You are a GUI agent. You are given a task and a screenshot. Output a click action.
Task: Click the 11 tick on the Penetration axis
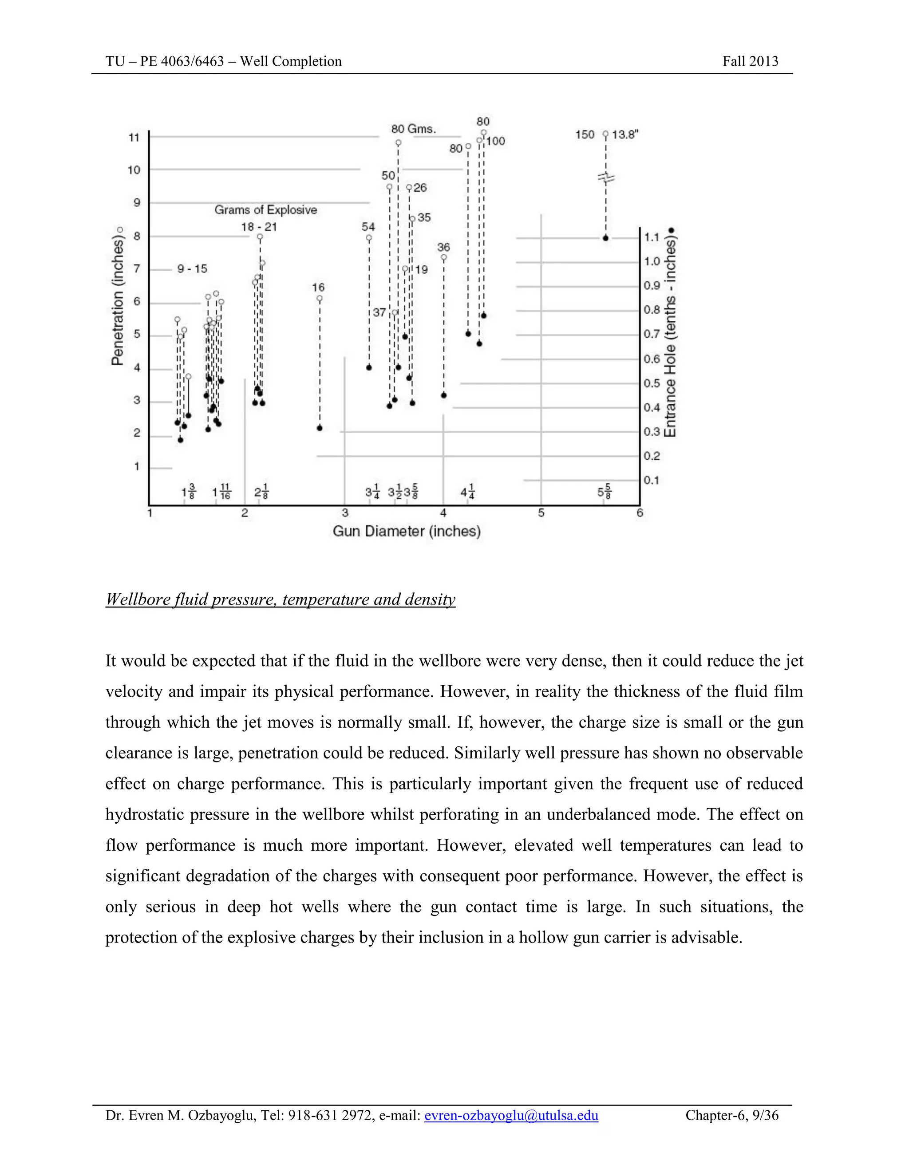(x=134, y=138)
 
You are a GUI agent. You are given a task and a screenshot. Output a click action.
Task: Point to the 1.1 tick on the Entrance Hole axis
(x=652, y=237)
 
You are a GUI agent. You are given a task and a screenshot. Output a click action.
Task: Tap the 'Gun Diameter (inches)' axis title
(x=407, y=532)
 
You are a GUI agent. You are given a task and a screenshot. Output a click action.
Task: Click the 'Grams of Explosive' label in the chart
(x=265, y=210)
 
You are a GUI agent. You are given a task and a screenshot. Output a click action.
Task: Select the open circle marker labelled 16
(x=319, y=298)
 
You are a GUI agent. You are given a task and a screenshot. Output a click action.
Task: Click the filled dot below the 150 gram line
(x=605, y=238)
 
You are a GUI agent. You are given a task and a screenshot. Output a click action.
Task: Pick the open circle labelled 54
(x=369, y=237)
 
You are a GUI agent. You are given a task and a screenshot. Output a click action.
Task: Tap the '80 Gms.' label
(x=413, y=129)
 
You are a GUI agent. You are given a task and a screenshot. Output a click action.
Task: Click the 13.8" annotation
(x=624, y=134)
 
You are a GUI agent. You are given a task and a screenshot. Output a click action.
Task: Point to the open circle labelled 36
(x=444, y=257)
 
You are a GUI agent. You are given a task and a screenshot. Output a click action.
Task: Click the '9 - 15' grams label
(x=192, y=268)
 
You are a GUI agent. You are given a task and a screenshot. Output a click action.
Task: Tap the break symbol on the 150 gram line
(x=606, y=177)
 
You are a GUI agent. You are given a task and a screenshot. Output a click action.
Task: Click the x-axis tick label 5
(x=541, y=513)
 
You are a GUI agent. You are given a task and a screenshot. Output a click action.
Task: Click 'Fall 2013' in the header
(x=750, y=61)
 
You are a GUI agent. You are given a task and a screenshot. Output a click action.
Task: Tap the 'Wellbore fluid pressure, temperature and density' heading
(x=280, y=599)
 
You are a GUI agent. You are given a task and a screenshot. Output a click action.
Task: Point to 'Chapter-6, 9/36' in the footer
(x=731, y=1115)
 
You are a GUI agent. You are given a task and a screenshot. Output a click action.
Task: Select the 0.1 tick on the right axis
(x=652, y=480)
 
